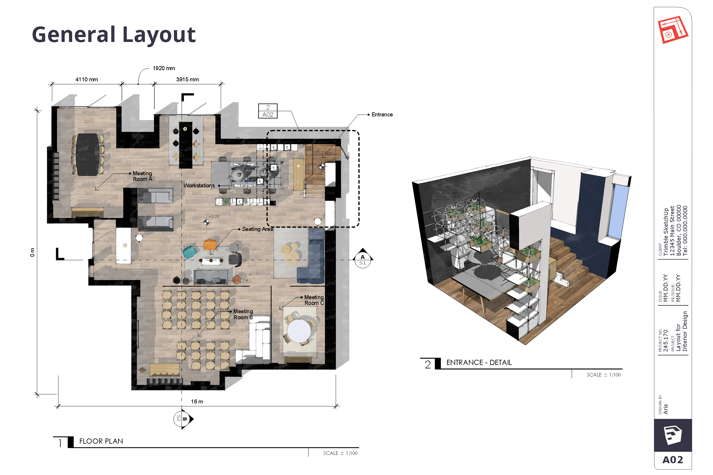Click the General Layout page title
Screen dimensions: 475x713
click(114, 34)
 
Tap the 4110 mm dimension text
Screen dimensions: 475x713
click(87, 79)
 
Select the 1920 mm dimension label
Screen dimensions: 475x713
click(164, 68)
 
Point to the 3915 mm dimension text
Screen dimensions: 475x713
click(187, 79)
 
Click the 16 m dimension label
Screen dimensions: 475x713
click(197, 401)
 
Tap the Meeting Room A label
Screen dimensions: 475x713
click(142, 176)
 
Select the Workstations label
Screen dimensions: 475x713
click(199, 185)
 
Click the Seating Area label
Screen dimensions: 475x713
click(257, 229)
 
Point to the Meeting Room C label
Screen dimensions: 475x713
click(314, 300)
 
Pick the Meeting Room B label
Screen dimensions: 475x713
click(243, 314)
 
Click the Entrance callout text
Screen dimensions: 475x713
click(382, 114)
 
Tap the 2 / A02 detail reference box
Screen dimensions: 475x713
click(268, 111)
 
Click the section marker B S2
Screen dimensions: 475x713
click(182, 419)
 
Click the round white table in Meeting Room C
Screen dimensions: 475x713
click(299, 330)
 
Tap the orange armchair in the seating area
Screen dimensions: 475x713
click(210, 244)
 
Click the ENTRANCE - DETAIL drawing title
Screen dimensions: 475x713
click(479, 362)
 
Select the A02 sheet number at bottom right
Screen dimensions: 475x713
click(672, 459)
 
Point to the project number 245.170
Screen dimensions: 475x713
click(666, 341)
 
